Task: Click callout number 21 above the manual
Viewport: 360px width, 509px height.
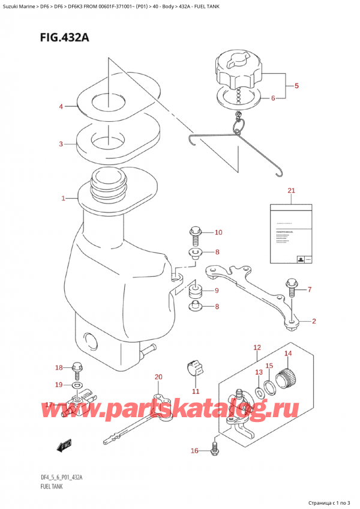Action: click(292, 191)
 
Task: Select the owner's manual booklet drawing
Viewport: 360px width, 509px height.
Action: click(291, 235)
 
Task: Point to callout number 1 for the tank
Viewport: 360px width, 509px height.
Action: click(64, 197)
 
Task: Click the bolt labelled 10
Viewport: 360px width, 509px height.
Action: click(195, 233)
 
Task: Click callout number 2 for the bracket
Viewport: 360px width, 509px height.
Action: click(313, 322)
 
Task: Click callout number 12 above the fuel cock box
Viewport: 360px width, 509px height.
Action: click(257, 348)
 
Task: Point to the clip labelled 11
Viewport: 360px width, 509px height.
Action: click(193, 367)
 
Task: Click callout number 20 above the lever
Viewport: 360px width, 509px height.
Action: click(158, 378)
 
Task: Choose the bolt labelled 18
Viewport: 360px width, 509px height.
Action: click(76, 367)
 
